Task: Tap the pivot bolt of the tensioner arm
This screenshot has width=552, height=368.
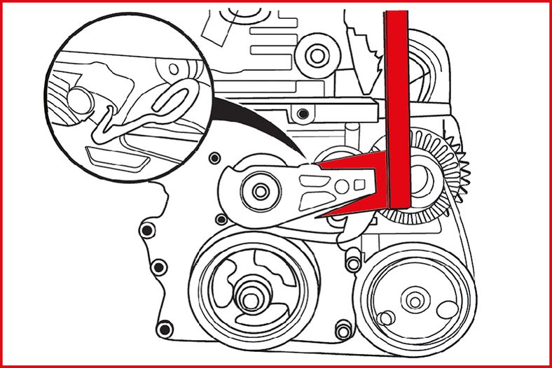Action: [x=261, y=190]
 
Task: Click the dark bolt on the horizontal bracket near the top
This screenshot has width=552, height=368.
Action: [x=302, y=113]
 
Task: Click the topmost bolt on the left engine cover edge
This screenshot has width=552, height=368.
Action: [x=146, y=230]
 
